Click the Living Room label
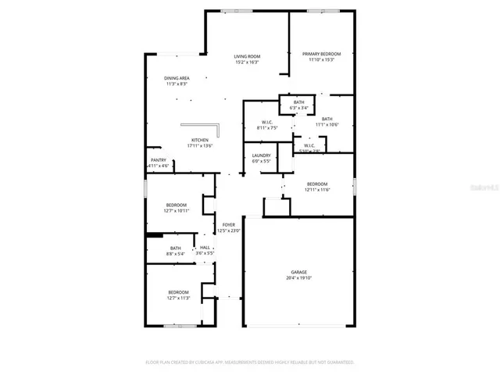tap(248, 56)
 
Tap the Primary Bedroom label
tap(322, 54)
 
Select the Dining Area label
tap(176, 78)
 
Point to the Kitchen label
tap(200, 140)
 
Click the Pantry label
tap(159, 160)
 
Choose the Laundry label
tap(261, 155)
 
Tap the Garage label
tap(299, 272)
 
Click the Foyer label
tap(229, 224)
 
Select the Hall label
tap(205, 248)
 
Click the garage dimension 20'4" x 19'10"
tap(299, 277)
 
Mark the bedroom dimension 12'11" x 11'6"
tap(316, 190)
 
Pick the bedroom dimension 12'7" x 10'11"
tap(176, 210)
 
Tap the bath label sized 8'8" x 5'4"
tap(176, 248)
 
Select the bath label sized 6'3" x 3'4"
tap(299, 102)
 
